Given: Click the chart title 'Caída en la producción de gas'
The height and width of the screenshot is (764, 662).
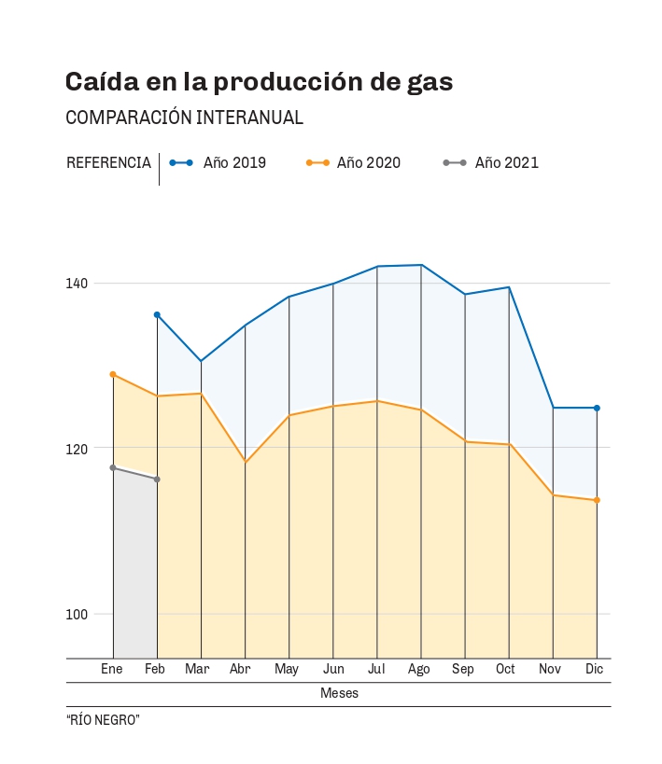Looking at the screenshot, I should click(259, 82).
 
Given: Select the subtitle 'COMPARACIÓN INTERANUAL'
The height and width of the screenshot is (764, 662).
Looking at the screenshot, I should click(184, 118).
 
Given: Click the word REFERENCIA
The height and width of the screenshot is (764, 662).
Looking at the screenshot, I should click(108, 162).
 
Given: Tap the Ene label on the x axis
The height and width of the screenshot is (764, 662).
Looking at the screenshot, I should click(112, 669).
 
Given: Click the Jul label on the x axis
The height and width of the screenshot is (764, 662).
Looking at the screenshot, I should click(376, 669).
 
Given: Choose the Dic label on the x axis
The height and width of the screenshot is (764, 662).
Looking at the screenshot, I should click(594, 669).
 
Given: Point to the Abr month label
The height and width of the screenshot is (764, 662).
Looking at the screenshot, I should click(240, 669).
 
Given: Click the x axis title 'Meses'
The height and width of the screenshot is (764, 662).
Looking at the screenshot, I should click(339, 693).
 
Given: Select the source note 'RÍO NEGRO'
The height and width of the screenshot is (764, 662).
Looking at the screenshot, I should click(103, 720).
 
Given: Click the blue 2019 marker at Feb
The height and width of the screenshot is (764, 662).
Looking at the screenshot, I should click(157, 314).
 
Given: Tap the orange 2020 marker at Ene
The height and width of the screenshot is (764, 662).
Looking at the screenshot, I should click(113, 374).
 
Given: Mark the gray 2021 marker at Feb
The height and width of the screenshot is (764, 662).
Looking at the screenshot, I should click(157, 479).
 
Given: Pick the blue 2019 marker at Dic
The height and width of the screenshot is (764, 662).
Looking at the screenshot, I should click(597, 408).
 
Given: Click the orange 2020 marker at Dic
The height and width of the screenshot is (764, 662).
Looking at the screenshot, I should click(597, 500).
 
